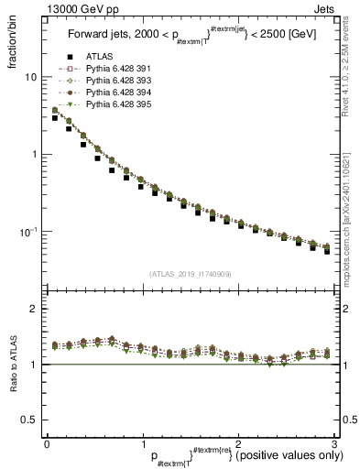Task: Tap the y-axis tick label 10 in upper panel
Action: pos(30,78)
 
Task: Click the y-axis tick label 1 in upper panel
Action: pos(33,155)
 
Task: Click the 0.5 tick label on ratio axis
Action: pos(29,420)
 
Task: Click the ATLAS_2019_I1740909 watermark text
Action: pos(190,274)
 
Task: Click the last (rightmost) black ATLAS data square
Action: pos(327,251)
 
